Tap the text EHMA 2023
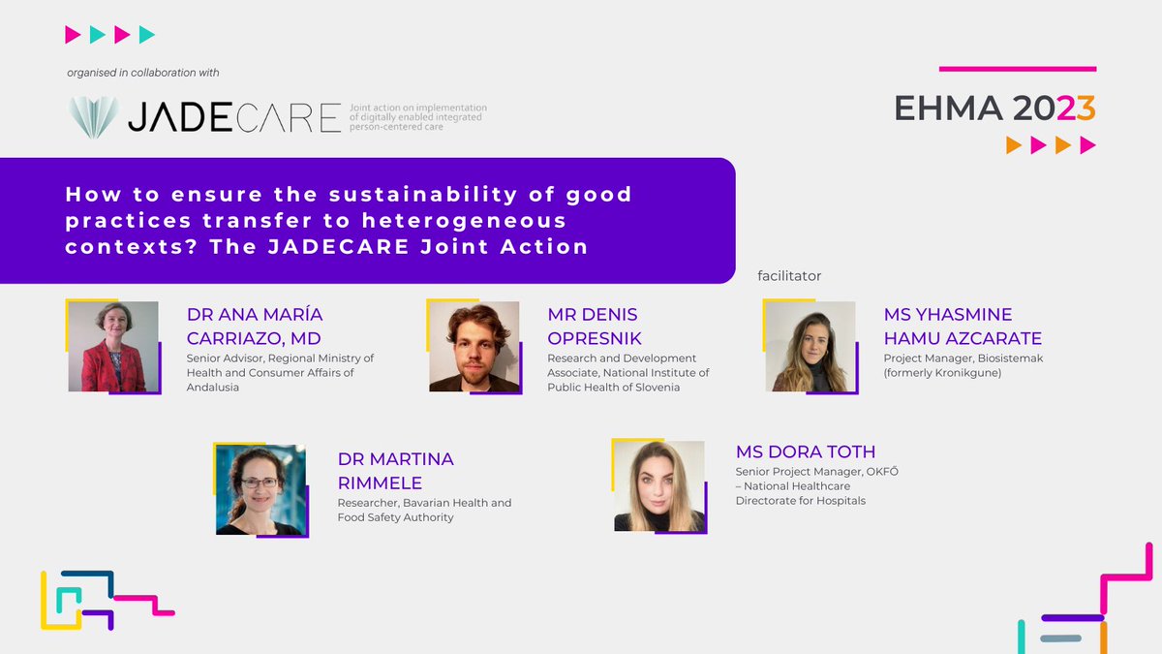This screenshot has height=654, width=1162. (994, 109)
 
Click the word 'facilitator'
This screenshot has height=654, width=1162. (789, 276)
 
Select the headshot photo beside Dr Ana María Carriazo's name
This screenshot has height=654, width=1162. (113, 346)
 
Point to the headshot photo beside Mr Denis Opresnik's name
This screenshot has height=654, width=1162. (474, 346)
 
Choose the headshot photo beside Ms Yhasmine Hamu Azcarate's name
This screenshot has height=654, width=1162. (810, 346)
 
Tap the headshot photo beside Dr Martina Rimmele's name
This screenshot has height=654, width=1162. (260, 489)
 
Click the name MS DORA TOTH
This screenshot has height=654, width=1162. (806, 452)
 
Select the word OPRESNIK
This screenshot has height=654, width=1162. (595, 338)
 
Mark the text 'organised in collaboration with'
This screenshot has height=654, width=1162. (143, 73)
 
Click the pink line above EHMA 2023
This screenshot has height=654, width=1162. (1018, 69)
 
